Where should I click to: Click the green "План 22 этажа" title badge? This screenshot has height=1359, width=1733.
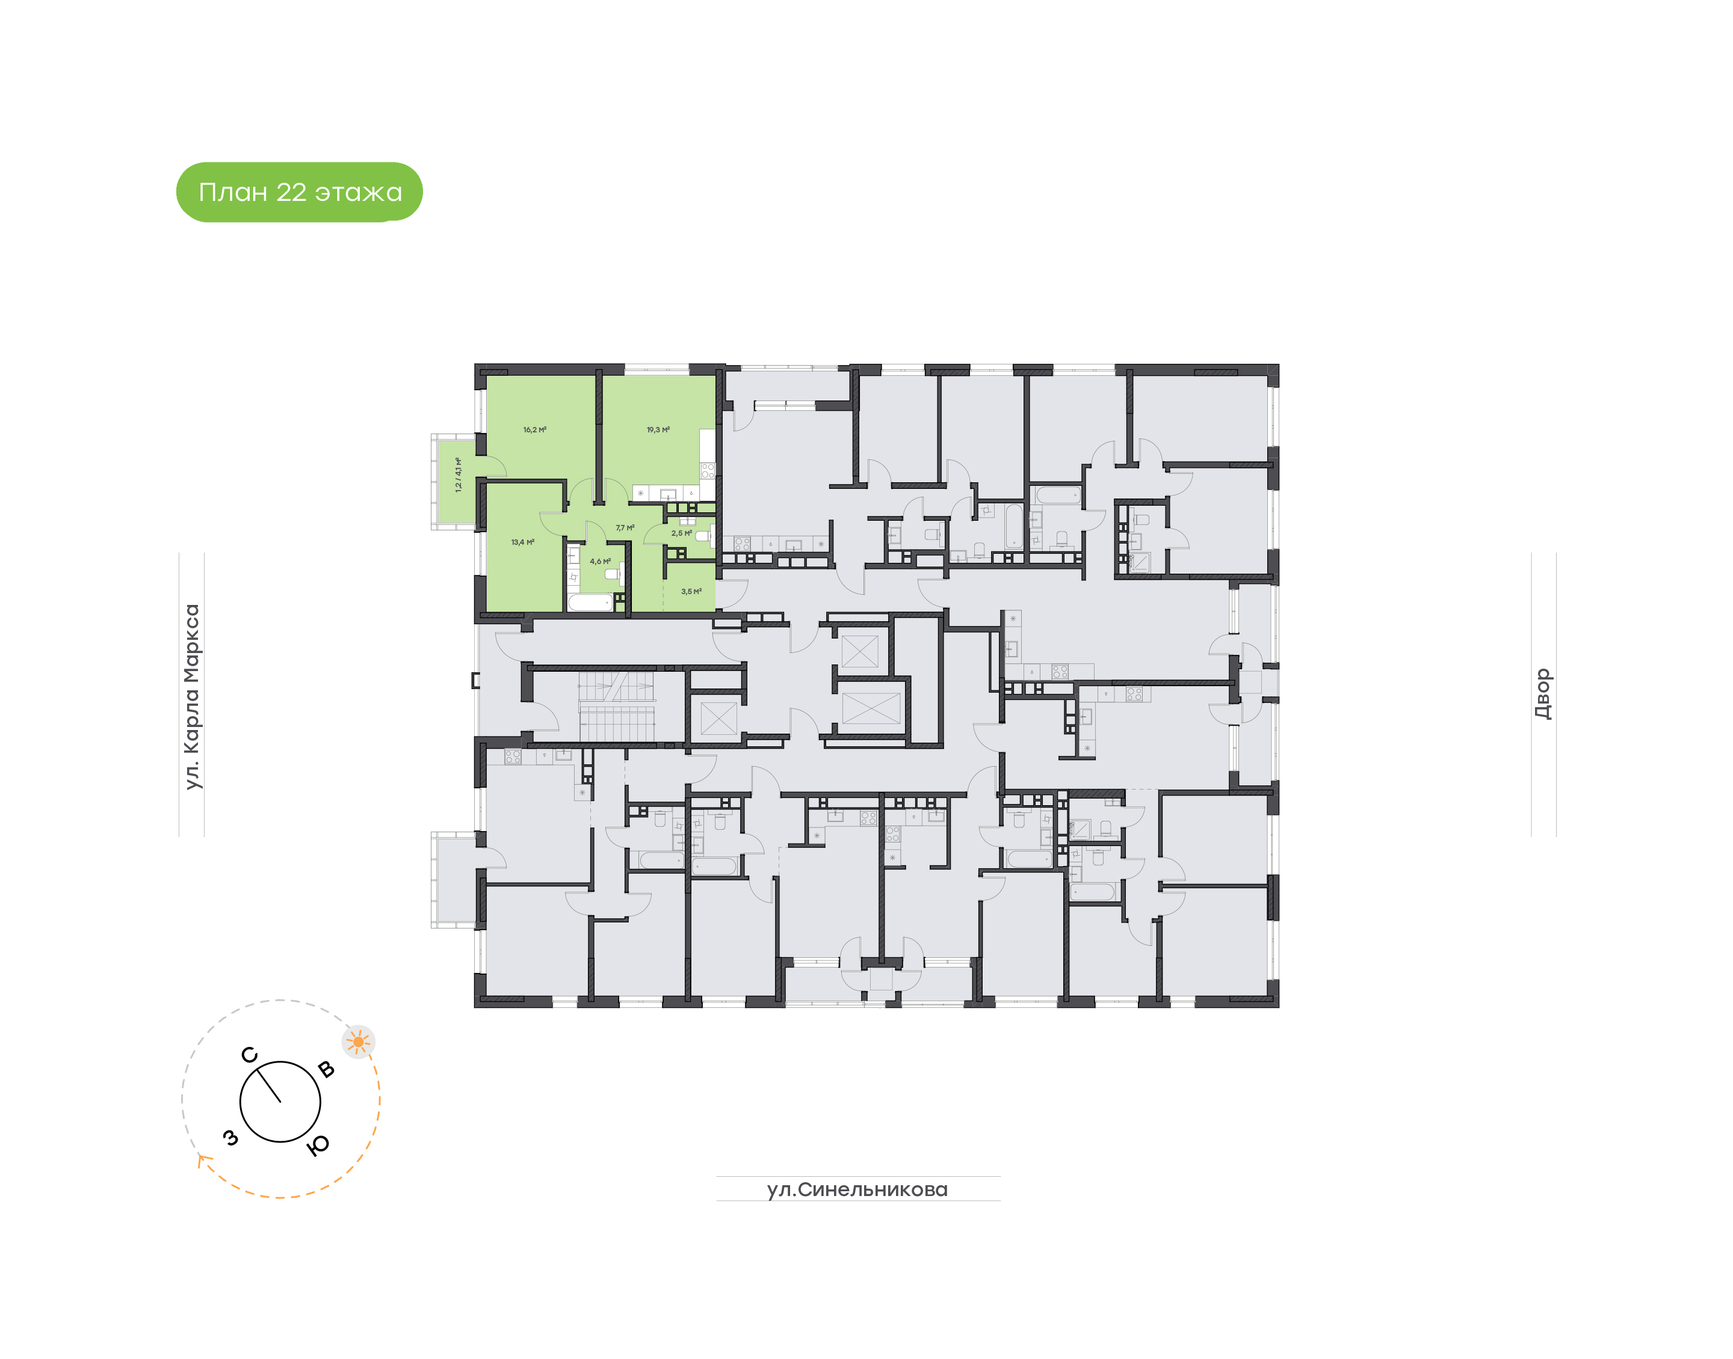pyautogui.click(x=299, y=192)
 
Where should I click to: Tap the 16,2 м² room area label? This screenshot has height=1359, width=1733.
pyautogui.click(x=534, y=430)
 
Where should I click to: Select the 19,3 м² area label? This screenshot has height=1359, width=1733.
pyautogui.click(x=658, y=430)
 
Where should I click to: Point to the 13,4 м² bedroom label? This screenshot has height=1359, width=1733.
pyautogui.click(x=522, y=542)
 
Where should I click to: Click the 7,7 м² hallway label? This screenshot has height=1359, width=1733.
pyautogui.click(x=624, y=527)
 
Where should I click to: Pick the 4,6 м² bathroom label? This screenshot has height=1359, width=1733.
pyautogui.click(x=599, y=561)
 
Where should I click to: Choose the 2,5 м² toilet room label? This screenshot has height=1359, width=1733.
pyautogui.click(x=681, y=533)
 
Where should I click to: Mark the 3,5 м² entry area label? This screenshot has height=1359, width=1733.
pyautogui.click(x=691, y=591)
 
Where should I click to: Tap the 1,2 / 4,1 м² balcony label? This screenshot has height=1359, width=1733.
pyautogui.click(x=458, y=474)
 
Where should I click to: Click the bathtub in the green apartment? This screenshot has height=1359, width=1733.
pyautogui.click(x=590, y=603)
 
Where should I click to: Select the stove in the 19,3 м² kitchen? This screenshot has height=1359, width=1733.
pyautogui.click(x=707, y=470)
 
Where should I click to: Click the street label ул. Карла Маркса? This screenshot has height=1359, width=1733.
pyautogui.click(x=192, y=696)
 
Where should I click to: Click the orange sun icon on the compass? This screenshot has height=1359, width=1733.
pyautogui.click(x=358, y=1041)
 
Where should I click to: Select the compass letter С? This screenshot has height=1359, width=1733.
pyautogui.click(x=249, y=1055)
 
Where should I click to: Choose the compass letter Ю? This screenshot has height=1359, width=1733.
pyautogui.click(x=318, y=1145)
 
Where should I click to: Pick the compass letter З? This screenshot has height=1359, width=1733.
pyautogui.click(x=231, y=1138)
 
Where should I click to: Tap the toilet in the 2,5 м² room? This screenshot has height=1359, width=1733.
pyautogui.click(x=702, y=536)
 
